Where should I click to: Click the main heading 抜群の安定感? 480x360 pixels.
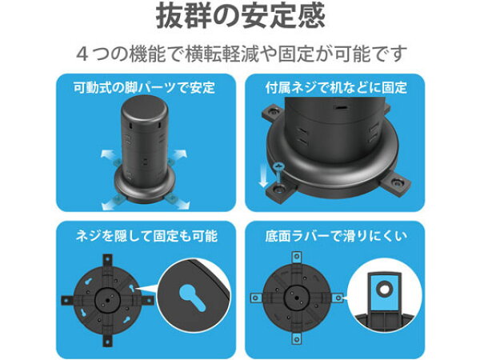[x=240, y=16]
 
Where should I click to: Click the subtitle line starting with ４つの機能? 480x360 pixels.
[x=242, y=54]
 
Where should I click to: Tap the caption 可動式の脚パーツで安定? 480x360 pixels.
[x=145, y=87]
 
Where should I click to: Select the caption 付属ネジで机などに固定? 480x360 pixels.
[x=336, y=87]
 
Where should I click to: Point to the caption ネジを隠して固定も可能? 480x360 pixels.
[x=146, y=236]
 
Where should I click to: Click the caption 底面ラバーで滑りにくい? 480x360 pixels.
[x=336, y=236]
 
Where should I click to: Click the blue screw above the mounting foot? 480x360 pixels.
[x=279, y=174]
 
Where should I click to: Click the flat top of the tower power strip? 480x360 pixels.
[x=145, y=106]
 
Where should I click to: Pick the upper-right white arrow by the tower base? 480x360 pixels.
[x=180, y=154]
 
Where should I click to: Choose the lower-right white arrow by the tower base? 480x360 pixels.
[x=182, y=204]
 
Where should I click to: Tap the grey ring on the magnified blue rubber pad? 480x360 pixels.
[x=384, y=288]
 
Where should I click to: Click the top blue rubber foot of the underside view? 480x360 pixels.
[x=296, y=257]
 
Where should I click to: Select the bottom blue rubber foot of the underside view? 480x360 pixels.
[x=296, y=338]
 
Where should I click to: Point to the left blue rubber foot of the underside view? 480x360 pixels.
[x=255, y=298]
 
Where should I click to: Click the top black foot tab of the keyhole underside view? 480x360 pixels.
[x=107, y=260]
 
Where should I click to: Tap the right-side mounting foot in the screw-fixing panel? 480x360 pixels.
[x=397, y=182]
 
